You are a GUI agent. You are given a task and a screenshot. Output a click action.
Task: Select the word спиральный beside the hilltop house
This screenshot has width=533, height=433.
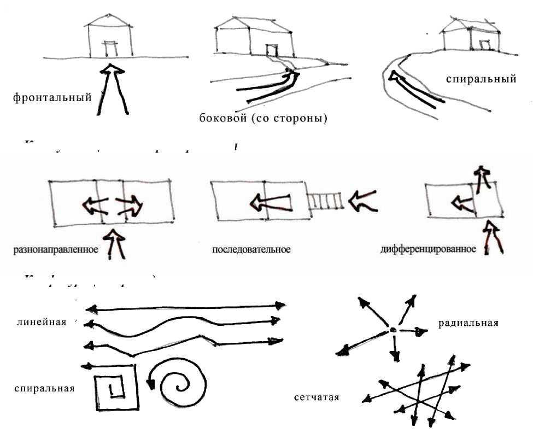(x=481, y=79)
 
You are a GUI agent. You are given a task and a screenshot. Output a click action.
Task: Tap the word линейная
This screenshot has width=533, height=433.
(x=42, y=322)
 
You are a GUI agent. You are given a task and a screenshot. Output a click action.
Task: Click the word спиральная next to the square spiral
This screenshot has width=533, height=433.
(x=45, y=389)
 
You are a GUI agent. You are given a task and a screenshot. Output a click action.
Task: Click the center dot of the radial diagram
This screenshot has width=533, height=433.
(x=393, y=330)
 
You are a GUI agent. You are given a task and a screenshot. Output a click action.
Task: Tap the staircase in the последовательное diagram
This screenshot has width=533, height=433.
(x=324, y=202)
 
